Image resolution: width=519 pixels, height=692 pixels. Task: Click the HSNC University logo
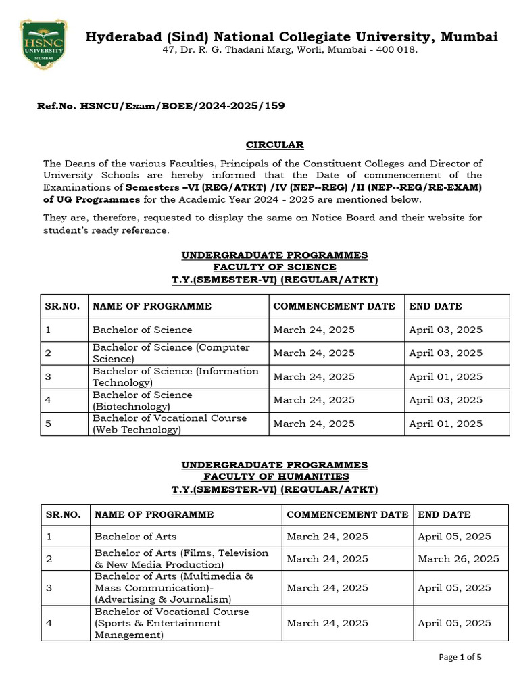[43, 44]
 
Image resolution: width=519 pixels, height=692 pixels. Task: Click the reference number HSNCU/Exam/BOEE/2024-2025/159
[161, 106]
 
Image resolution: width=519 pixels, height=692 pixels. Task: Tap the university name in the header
[291, 36]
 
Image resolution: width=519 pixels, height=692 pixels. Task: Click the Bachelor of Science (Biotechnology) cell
[142, 401]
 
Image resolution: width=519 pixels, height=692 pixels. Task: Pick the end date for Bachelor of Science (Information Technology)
[445, 377]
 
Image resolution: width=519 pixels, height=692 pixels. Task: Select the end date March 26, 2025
[458, 559]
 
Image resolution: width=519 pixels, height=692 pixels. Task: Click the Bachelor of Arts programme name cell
[135, 537]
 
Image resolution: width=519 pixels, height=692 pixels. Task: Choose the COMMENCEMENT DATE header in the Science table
[334, 306]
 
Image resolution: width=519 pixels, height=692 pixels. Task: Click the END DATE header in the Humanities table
[444, 514]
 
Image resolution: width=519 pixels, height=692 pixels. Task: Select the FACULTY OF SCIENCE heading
[274, 267]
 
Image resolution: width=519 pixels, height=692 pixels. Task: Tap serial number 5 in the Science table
[48, 424]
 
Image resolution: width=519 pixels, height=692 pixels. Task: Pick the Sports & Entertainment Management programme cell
[172, 623]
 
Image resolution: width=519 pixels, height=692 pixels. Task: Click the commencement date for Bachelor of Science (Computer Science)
[314, 353]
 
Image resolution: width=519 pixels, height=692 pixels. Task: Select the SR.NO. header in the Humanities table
[64, 514]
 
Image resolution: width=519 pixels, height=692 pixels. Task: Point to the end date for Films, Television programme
[458, 559]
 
